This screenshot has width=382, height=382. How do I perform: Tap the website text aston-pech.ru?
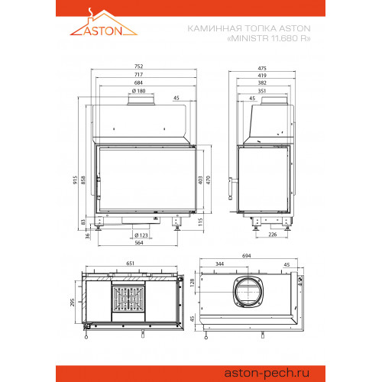tap(267, 374)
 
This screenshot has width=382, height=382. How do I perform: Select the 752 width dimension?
tap(139, 66)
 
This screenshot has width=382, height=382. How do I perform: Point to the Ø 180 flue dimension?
tap(139, 91)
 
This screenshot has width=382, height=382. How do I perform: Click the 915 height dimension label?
tap(75, 180)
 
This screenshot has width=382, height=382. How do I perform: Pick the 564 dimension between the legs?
tap(139, 243)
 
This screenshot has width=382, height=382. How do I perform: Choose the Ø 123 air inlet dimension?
tap(141, 235)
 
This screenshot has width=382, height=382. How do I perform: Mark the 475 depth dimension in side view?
tap(262, 68)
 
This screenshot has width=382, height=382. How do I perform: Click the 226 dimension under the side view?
tap(273, 235)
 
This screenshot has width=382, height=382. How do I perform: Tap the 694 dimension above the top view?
tap(247, 256)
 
